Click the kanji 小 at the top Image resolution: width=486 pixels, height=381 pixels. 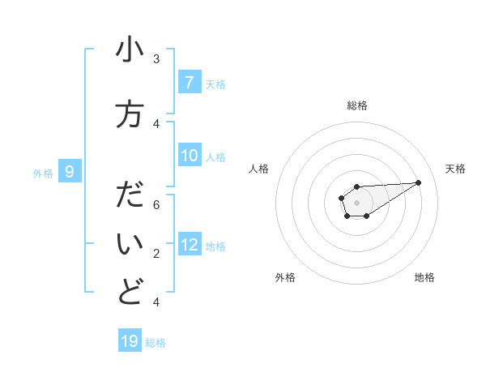pos(130,50)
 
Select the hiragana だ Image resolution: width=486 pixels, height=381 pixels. pos(130,196)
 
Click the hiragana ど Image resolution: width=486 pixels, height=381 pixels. pos(130,293)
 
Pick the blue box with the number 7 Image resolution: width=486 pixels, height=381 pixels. pos(189,83)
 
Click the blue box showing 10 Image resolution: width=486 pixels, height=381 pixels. pos(190,156)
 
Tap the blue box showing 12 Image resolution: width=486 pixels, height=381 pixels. pos(190,245)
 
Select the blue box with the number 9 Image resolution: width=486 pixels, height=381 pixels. pos(70,172)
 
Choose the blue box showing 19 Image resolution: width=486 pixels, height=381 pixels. pos(130,341)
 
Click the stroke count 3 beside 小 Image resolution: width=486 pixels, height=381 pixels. pos(156,59)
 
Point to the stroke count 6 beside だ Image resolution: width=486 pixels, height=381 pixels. pos(156,204)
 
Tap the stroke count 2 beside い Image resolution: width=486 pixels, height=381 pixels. pos(156,254)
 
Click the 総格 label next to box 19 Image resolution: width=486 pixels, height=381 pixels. pos(156,343)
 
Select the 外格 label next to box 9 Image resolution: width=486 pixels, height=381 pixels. pos(43,173)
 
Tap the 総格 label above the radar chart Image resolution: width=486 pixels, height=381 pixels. pos(357,105)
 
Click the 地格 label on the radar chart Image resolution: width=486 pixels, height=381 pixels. pos(424,277)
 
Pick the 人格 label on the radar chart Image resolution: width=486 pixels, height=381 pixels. pos(259,169)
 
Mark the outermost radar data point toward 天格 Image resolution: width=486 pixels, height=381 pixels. pos(419,182)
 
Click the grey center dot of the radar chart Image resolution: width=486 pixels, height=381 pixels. pos(356,201)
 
